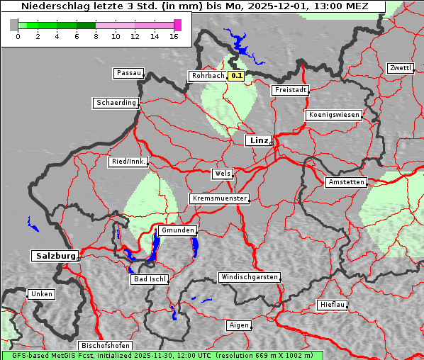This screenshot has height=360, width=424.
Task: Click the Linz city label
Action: coord(259,140)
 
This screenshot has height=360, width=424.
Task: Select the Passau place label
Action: coord(129,73)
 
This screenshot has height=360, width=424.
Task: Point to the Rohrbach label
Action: coord(207,76)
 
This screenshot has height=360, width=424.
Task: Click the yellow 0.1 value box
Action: coord(237,76)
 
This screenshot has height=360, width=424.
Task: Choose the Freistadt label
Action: coord(290,90)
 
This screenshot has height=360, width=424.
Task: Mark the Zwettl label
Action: coord(400,68)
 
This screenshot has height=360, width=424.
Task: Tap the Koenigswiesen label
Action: coord(334,115)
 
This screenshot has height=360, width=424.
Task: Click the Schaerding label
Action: coord(116,103)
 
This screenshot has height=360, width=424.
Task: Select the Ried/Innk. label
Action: coord(128,162)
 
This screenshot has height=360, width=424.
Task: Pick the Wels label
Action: coord(222,174)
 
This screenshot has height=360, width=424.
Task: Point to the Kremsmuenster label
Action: coord(220,198)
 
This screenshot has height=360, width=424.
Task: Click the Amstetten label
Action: coord(346,182)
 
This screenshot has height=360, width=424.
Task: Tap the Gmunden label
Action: coord(177,231)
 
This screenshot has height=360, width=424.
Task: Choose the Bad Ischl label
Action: coord(150,279)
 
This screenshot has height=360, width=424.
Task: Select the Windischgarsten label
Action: coord(249,277)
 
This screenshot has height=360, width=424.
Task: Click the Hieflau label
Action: coord(333,305)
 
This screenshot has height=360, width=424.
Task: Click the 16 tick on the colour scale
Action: coord(174,35)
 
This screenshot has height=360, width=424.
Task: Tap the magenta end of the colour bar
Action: coord(177,25)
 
